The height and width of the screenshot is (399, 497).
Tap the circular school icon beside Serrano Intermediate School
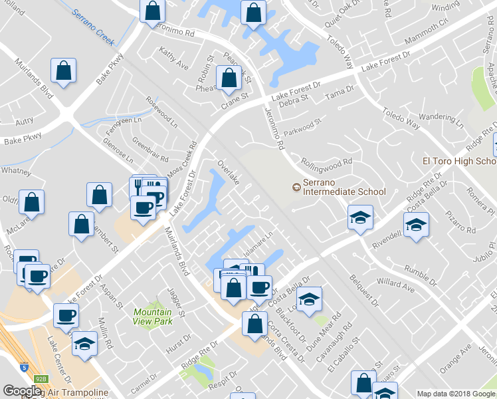click(296, 187)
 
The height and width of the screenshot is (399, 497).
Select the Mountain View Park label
click(152, 317)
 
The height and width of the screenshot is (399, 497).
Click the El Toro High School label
click(459, 162)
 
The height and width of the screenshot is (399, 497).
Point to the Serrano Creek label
click(94, 23)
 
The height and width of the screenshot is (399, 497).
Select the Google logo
click(22, 391)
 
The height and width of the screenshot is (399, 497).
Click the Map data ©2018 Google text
click(456, 394)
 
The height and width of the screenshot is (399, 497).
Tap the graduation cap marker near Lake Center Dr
click(84, 343)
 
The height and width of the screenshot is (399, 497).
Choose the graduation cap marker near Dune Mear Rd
click(309, 300)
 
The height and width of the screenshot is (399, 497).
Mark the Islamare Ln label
click(259, 239)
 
